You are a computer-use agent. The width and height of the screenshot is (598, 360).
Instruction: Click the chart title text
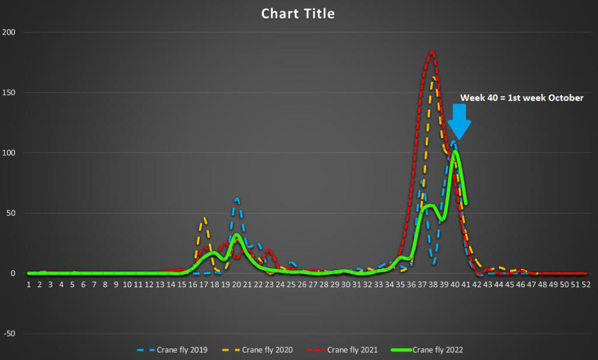pyautogui.click(x=298, y=13)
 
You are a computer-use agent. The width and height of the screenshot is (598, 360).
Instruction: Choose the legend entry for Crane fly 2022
pyautogui.click(x=437, y=349)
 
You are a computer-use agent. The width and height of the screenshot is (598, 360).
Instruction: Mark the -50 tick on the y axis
pyautogui.click(x=8, y=334)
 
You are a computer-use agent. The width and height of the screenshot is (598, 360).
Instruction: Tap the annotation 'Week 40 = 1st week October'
pyautogui.click(x=521, y=98)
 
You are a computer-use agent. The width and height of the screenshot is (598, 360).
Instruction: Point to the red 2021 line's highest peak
pyautogui.click(x=432, y=52)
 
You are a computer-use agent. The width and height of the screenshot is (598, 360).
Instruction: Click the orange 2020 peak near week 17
pyautogui.click(x=204, y=218)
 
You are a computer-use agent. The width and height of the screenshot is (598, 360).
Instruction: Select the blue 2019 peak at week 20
pyautogui.click(x=237, y=199)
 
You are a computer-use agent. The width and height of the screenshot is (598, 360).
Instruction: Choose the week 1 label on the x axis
pyautogui.click(x=28, y=284)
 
